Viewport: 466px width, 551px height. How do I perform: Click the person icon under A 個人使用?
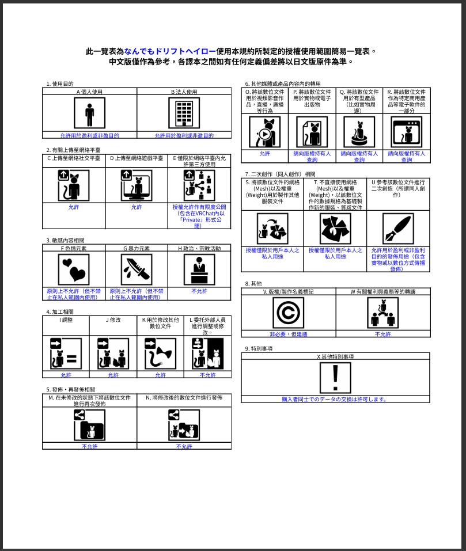(89, 113)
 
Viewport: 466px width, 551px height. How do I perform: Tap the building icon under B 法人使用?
(184, 113)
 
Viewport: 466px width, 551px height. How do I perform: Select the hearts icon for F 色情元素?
(74, 269)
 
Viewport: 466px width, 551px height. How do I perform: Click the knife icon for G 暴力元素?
(136, 269)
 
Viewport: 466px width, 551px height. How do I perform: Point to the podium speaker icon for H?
(199, 269)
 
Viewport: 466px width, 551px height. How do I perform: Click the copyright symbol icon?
(288, 313)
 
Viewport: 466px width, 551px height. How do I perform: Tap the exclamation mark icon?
(335, 378)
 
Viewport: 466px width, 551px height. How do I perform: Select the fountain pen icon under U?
(398, 229)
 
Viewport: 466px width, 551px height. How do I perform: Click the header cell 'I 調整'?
(66, 320)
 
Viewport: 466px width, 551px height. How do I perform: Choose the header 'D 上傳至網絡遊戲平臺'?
(137, 157)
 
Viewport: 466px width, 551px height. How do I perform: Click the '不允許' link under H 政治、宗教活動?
(199, 291)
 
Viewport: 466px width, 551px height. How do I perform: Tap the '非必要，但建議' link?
(288, 334)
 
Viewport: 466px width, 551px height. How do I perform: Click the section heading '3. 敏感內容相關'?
(67, 240)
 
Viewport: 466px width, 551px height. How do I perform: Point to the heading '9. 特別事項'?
(259, 348)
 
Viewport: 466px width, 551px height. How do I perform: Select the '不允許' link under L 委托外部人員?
(207, 375)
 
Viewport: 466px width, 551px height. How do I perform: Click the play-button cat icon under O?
(264, 132)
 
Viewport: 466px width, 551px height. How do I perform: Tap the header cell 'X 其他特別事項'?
(335, 356)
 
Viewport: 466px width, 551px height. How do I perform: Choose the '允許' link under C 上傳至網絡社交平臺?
(74, 207)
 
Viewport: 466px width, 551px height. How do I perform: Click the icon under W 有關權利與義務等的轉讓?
(382, 313)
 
